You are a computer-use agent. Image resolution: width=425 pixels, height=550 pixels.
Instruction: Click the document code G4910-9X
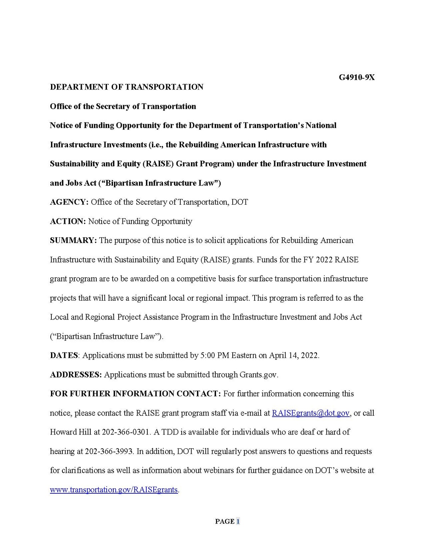pyautogui.click(x=357, y=78)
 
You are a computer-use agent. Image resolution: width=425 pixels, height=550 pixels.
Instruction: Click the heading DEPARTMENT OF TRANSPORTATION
pyautogui.click(x=126, y=87)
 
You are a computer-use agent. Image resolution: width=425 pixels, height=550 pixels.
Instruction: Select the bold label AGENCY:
pyautogui.click(x=69, y=202)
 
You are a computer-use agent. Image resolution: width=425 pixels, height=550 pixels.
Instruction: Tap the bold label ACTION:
pyautogui.click(x=68, y=221)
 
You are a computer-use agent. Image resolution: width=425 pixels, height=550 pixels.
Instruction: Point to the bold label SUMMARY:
pyautogui.click(x=73, y=240)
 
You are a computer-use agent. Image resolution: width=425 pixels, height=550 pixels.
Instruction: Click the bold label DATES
pyautogui.click(x=64, y=355)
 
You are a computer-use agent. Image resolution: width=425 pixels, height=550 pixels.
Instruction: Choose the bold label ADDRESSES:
pyautogui.click(x=76, y=375)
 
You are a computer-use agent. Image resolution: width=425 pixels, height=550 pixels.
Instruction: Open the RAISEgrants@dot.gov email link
pyautogui.click(x=311, y=413)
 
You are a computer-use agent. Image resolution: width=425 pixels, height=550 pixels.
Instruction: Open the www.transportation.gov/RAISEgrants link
pyautogui.click(x=114, y=490)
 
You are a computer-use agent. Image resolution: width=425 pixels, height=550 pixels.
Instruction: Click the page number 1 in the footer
pyautogui.click(x=238, y=521)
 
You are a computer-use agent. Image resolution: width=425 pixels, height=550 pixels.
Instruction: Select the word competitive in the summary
pyautogui.click(x=201, y=279)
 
